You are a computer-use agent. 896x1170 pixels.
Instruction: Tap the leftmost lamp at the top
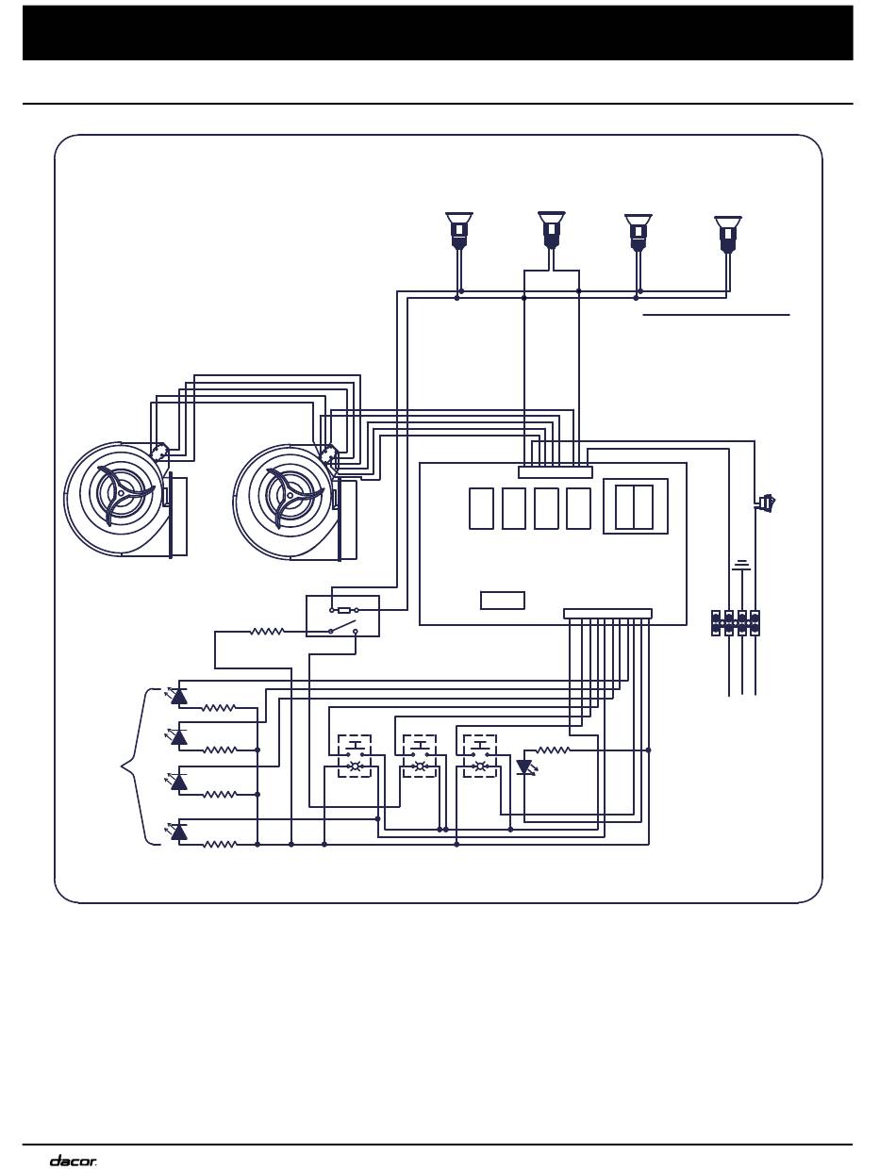coord(458,230)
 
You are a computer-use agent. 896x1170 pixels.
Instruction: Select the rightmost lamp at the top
coord(727,234)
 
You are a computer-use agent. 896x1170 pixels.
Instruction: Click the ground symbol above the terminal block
coord(742,565)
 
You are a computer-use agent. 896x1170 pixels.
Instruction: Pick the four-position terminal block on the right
coord(736,623)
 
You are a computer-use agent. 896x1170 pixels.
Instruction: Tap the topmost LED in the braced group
coord(179,696)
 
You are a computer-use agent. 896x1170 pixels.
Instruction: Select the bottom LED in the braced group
coord(179,832)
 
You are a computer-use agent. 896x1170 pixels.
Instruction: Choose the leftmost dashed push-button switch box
coord(355,755)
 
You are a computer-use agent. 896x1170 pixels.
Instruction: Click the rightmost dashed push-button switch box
coord(480,755)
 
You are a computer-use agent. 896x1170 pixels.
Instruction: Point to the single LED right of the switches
coord(525,767)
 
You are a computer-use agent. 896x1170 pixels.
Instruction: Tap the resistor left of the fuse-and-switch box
coord(267,631)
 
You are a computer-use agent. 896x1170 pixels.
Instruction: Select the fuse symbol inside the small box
coord(344,610)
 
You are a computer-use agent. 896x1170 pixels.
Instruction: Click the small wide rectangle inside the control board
coord(503,601)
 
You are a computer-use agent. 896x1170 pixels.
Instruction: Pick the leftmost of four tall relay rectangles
coord(481,508)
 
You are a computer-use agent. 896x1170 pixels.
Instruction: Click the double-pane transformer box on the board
coord(635,506)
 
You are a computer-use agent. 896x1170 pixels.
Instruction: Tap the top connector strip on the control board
coord(556,472)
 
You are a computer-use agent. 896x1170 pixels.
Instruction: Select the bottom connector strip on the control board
coord(608,614)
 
